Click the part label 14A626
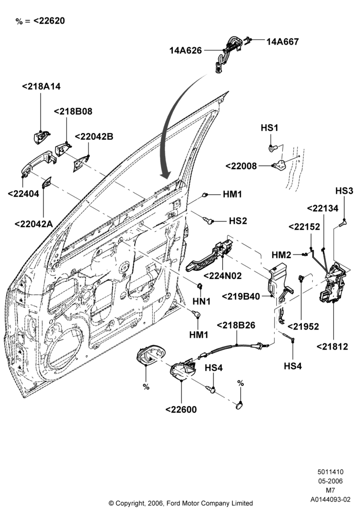click(186, 50)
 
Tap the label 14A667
click(282, 42)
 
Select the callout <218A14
click(41, 86)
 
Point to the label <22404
click(23, 193)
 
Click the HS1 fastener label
click(269, 127)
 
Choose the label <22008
click(241, 166)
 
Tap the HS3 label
click(344, 191)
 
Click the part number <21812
click(332, 346)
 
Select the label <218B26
click(236, 325)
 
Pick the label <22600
click(181, 410)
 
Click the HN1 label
click(201, 301)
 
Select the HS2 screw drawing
click(208, 221)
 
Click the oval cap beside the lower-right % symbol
click(239, 406)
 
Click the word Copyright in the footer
click(129, 503)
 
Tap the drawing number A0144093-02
click(331, 500)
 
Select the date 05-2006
click(331, 481)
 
